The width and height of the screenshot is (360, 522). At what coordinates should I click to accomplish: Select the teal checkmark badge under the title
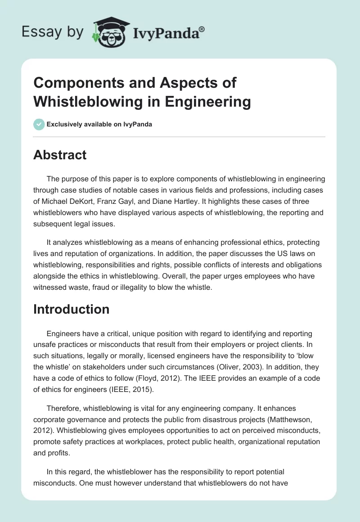click(39, 124)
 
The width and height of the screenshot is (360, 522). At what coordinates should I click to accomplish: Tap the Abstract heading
click(60, 155)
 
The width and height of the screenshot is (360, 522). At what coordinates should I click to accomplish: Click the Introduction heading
click(71, 309)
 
